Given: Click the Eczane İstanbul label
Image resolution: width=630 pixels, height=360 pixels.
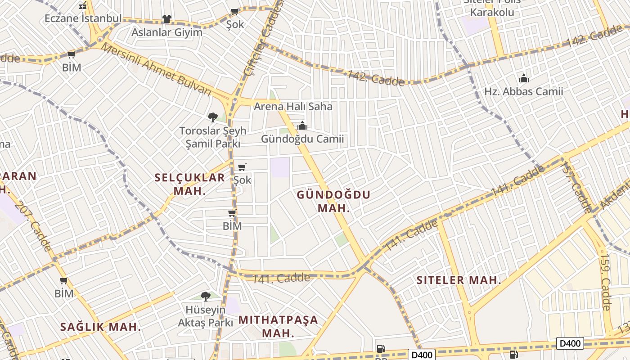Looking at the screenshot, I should [83, 18].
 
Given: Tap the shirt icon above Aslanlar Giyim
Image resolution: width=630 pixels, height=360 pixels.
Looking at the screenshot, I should [167, 19].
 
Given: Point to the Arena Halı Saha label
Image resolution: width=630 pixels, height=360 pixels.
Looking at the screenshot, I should [293, 107].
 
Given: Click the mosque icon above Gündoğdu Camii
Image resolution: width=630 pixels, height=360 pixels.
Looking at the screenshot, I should [302, 126].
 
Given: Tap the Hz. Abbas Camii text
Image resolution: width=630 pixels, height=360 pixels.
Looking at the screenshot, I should [523, 92].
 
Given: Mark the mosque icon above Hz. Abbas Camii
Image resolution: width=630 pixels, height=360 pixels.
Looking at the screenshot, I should [523, 79].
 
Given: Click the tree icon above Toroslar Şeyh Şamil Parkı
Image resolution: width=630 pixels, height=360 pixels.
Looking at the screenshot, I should [213, 117].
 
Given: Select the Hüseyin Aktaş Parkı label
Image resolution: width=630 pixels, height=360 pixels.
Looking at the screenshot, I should [206, 316].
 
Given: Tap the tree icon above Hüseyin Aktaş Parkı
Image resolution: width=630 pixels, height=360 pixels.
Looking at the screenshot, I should [206, 297].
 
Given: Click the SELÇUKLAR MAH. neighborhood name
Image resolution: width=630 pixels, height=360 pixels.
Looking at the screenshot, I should [189, 184].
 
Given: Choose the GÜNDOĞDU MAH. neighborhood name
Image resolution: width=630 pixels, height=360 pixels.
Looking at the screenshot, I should [333, 201].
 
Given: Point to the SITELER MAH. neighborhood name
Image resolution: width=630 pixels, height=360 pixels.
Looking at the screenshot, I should [459, 280].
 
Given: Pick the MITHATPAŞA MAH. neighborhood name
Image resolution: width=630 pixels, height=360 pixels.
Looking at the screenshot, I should [278, 327].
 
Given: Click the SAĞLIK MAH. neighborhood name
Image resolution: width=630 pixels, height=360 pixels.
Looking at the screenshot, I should [101, 327].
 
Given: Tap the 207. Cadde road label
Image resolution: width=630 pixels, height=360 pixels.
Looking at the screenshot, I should [33, 225].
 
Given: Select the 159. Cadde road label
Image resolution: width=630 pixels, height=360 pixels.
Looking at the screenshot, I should [605, 283].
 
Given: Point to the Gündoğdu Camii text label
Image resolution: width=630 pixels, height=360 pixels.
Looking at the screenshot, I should [302, 139].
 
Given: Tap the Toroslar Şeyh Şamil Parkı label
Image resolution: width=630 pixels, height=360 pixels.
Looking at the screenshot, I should [213, 137].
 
